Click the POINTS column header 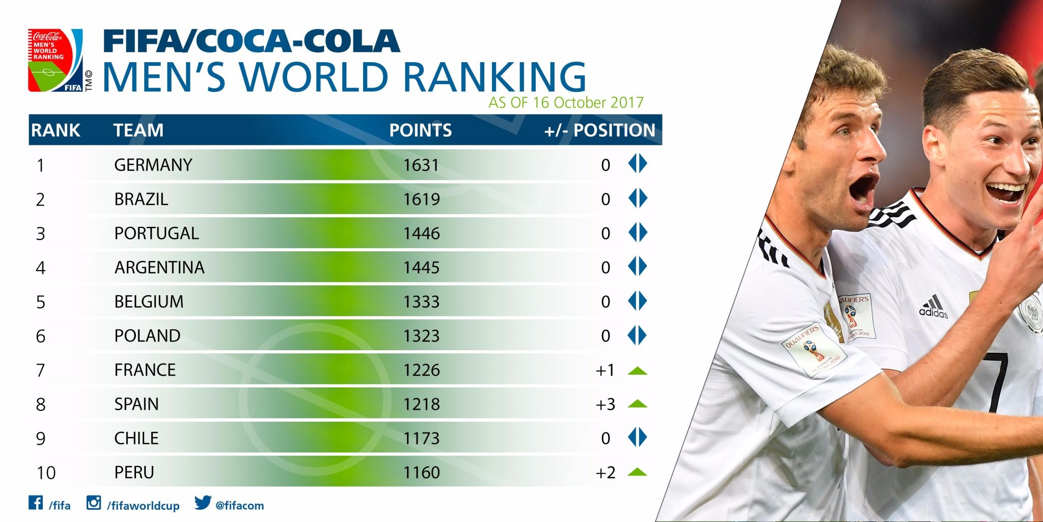(420, 130)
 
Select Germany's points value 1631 (421, 165)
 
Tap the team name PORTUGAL (156, 233)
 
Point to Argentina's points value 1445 (421, 268)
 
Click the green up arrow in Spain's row (637, 404)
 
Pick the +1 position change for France (605, 370)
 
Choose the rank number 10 (46, 473)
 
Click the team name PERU (134, 473)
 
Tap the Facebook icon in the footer (36, 503)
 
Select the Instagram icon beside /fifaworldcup (94, 503)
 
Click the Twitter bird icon (202, 503)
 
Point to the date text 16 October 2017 (588, 103)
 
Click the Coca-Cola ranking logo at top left (56, 61)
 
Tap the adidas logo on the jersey (933, 307)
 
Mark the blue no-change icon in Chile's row (637, 438)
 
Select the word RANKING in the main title (494, 77)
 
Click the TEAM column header (139, 130)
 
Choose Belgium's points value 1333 (421, 302)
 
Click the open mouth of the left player (862, 190)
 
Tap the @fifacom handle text (239, 506)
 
